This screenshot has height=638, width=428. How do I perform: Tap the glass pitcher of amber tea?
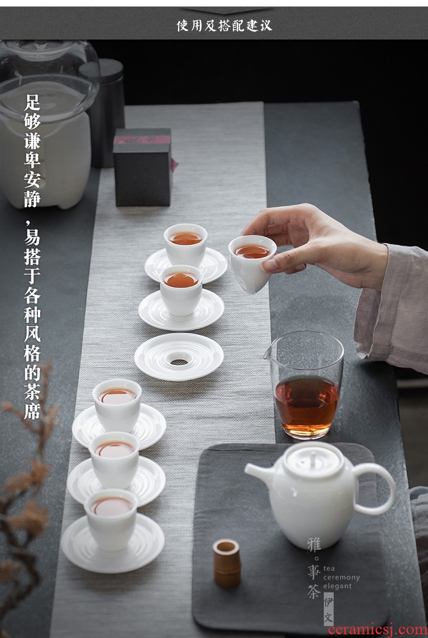tap(307, 385)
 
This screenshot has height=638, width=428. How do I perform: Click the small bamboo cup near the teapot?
tap(226, 563)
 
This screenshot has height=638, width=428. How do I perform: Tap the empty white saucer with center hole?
tap(179, 357)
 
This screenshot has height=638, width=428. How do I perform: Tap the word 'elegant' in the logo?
tap(338, 586)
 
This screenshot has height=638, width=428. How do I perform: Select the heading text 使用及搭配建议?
tap(224, 25)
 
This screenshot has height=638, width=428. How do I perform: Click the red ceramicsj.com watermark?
tap(377, 629)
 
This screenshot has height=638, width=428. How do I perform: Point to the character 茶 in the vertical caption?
tap(32, 392)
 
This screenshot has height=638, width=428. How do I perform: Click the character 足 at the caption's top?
tap(32, 102)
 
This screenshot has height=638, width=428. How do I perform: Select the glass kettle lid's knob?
tap(41, 44)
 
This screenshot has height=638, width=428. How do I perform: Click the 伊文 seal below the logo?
tap(328, 609)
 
